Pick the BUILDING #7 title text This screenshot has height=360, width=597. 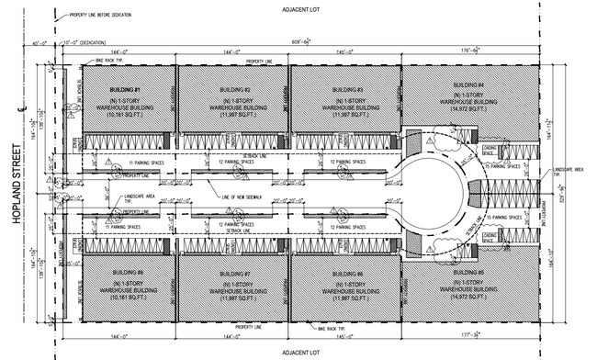tap(233, 273)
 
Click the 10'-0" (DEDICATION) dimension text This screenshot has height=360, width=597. tap(83, 42)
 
